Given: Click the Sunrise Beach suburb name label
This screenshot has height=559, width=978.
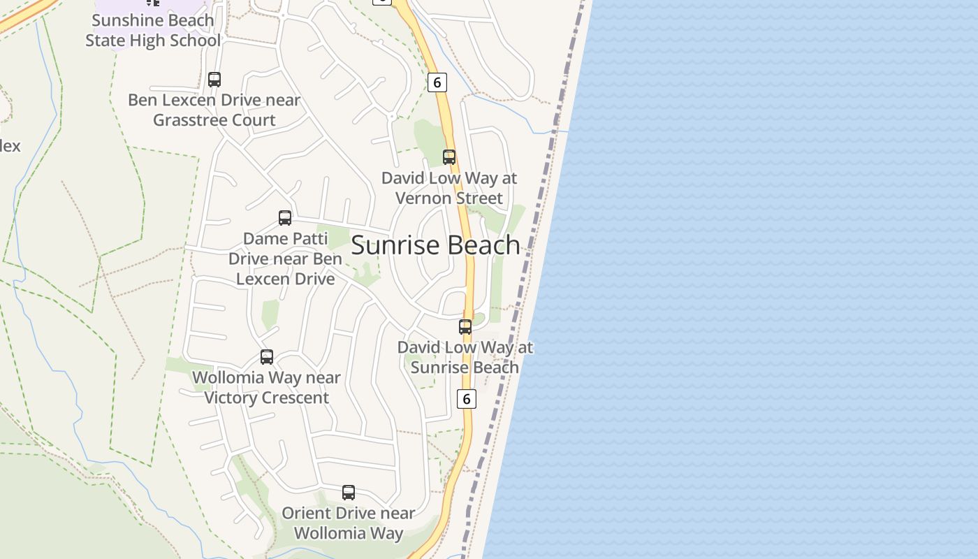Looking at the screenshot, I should (435, 245).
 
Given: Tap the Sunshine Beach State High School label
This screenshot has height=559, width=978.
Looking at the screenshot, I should (153, 30).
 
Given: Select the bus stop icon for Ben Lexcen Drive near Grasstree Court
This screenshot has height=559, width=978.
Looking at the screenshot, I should (214, 80).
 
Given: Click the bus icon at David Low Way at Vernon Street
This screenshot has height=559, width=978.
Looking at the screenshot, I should (449, 157).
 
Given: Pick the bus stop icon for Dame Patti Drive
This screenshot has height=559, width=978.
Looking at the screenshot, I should (285, 218).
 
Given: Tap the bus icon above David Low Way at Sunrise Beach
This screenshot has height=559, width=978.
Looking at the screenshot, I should (465, 326).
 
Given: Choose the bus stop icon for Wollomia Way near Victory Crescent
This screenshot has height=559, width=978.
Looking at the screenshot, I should (267, 357).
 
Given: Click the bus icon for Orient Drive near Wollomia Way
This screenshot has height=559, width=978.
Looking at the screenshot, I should (349, 493).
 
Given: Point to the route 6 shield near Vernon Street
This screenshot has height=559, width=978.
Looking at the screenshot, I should (437, 82).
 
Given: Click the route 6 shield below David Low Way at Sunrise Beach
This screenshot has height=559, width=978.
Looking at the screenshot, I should (466, 398).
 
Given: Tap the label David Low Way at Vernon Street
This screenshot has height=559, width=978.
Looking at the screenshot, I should (449, 188).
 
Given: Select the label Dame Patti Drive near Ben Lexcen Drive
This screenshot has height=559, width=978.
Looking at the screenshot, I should (285, 259).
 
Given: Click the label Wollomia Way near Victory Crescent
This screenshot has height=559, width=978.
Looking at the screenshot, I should (267, 387).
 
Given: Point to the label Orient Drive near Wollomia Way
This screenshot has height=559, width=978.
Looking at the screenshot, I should (349, 523).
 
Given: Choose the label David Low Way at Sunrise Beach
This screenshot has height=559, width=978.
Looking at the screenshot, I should (465, 357).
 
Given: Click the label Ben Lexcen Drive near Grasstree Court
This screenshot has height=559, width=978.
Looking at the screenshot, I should (214, 110).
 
